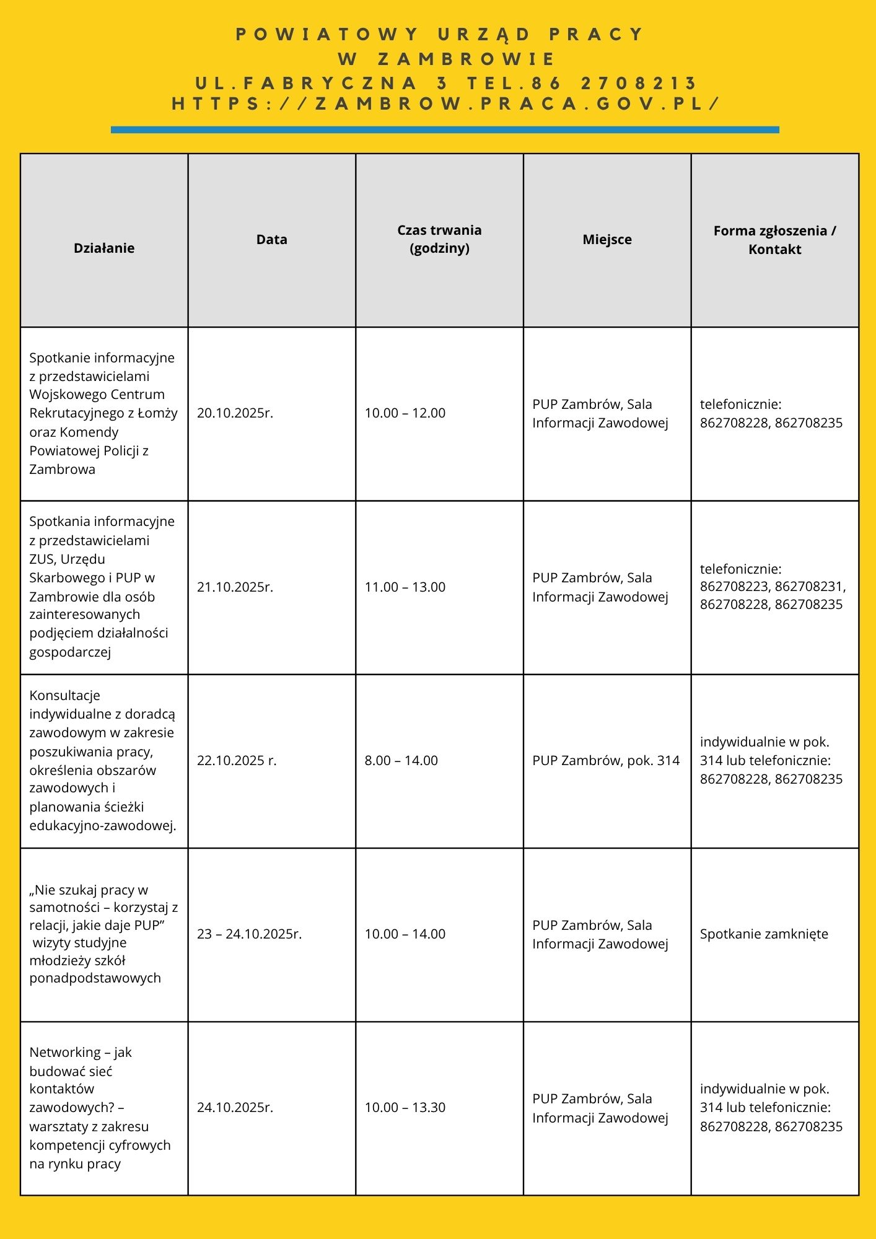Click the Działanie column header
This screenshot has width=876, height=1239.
click(x=104, y=248)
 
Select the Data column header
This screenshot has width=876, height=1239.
click(x=272, y=240)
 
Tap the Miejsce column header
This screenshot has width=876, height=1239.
click(x=607, y=240)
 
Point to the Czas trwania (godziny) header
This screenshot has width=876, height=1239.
click(x=439, y=239)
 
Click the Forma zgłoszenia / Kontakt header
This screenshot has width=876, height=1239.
click(x=774, y=240)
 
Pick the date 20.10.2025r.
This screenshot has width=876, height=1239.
click(x=235, y=413)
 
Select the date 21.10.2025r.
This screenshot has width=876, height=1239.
click(x=235, y=587)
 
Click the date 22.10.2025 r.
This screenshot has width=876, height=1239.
click(x=237, y=760)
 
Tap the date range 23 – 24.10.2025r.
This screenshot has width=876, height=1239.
click(x=249, y=934)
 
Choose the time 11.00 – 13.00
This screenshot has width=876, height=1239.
click(x=405, y=587)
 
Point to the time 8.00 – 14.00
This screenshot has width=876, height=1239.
click(x=401, y=760)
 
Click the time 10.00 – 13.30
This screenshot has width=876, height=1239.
click(x=405, y=1107)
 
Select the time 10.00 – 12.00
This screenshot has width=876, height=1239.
click(x=405, y=413)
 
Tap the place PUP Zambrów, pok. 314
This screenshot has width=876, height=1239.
click(x=606, y=760)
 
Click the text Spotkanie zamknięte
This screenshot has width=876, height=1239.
click(x=764, y=934)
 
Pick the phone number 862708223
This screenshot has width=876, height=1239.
click(x=734, y=586)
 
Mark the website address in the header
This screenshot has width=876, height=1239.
click(x=446, y=103)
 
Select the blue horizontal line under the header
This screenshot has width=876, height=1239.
click(x=445, y=129)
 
